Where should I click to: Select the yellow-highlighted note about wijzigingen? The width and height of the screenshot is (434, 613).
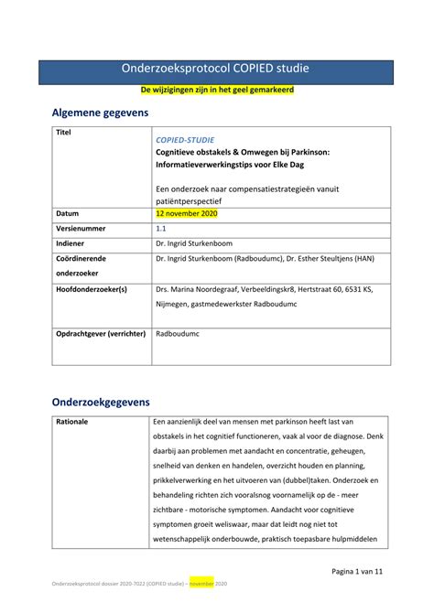pyautogui.click(x=216, y=92)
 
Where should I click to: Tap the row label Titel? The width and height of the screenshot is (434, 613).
pyautogui.click(x=63, y=133)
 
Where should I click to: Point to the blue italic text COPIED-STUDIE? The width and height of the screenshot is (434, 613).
pyautogui.click(x=186, y=138)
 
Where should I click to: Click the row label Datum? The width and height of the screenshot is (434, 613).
pyautogui.click(x=68, y=213)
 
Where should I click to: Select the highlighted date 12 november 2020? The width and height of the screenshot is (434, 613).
pyautogui.click(x=187, y=213)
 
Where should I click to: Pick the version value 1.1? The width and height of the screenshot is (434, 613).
pyautogui.click(x=162, y=229)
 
